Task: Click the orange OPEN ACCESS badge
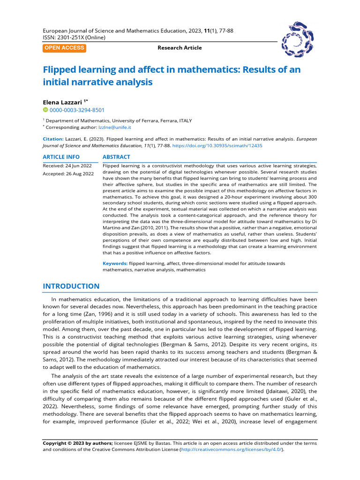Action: pos(65,48)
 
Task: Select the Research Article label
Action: pos(180,48)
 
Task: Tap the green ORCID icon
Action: pos(45,110)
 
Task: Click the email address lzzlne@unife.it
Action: pos(114,127)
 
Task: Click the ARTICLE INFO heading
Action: pos(61,157)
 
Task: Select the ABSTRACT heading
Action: pos(116,157)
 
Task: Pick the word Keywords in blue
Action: pos(115,263)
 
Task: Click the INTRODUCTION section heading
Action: pos(71,286)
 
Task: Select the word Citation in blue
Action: pos(53,139)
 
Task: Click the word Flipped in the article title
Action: pos(60,70)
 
